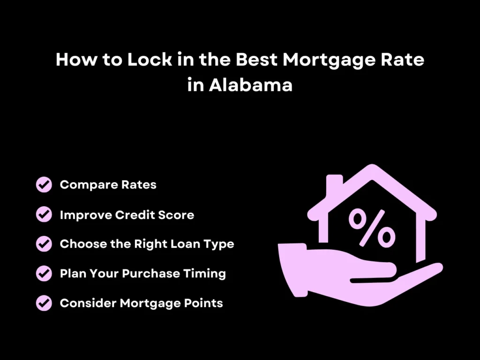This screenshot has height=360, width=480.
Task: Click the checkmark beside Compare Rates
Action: [x=44, y=185]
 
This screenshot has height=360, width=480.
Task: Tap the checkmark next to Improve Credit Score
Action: [x=44, y=215]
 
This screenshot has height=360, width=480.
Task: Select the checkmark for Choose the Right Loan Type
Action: [x=44, y=244]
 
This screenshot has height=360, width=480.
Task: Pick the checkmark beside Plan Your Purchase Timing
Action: [x=44, y=273]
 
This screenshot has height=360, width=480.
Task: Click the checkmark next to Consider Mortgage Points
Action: [x=44, y=303]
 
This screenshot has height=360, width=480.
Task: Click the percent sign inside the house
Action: [x=372, y=228]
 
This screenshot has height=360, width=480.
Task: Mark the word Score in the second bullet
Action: [x=177, y=215]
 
